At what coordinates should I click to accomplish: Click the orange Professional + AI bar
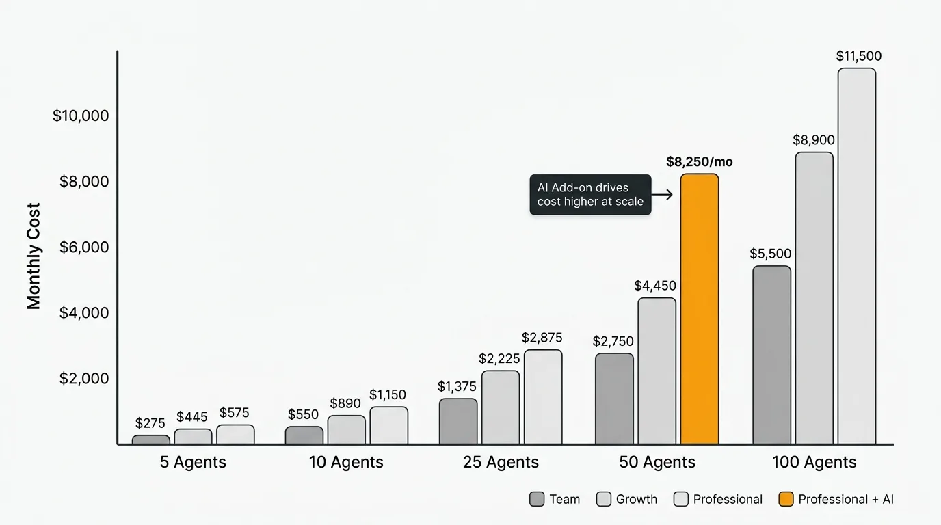pos(699,309)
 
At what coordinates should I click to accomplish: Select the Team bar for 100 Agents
pos(771,355)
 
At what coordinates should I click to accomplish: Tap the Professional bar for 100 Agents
pos(856,256)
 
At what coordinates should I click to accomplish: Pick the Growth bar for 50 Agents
pos(657,371)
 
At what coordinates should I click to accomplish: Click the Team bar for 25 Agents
pos(458,421)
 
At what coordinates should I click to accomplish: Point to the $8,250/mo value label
pos(699,162)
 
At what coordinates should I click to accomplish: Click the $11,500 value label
pos(858,56)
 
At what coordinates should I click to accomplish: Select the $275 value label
pos(150,423)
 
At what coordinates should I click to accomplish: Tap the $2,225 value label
pos(499,358)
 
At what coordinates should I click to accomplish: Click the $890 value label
pos(347,403)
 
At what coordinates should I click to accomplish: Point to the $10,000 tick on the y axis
pos(81,116)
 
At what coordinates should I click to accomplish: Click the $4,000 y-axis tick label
pos(84,312)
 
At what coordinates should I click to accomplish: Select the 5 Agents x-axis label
pos(193,462)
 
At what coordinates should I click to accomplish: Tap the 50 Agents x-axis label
pos(657,462)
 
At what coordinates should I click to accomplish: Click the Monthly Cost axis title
pos(34,256)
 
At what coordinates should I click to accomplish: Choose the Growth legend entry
pos(627,499)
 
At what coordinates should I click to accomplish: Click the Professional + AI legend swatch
pos(786,499)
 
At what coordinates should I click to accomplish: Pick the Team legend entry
pos(555,499)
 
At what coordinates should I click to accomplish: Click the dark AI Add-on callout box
pos(590,194)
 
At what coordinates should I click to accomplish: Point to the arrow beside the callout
pos(662,195)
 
